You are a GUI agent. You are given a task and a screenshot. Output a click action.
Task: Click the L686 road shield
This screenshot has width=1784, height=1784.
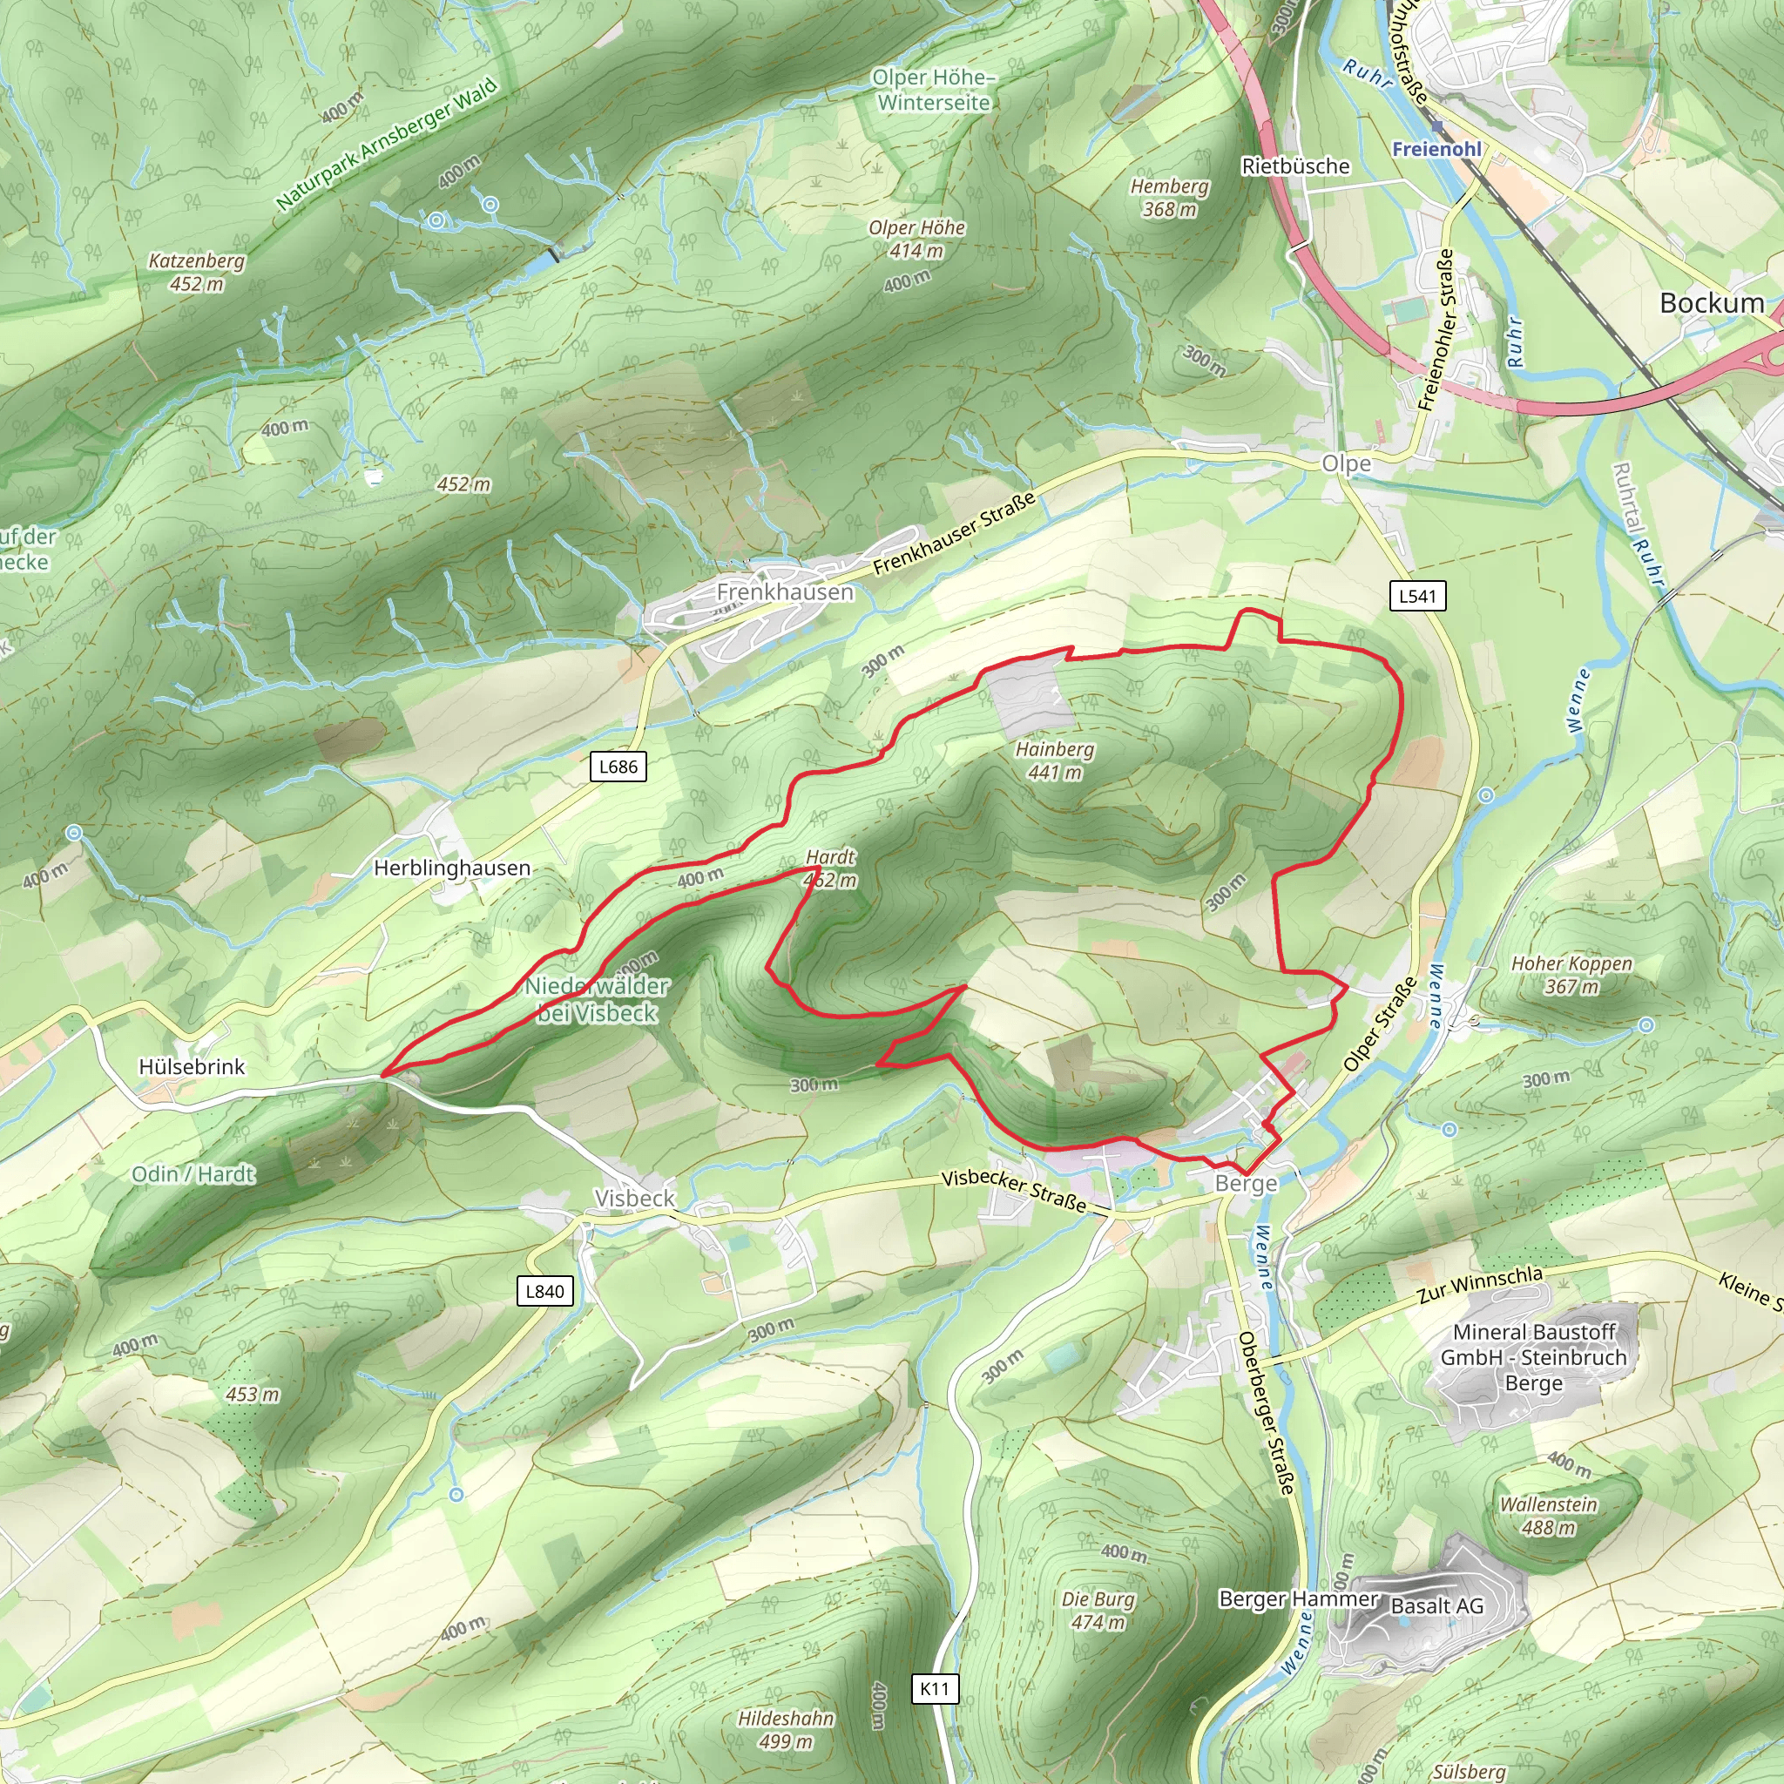point(618,767)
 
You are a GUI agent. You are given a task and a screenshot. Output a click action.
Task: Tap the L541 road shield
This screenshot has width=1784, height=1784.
point(1417,596)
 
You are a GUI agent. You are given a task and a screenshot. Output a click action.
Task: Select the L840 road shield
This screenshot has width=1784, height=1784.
point(544,1291)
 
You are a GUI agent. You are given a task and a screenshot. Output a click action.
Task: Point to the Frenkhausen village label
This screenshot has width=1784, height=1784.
point(785,591)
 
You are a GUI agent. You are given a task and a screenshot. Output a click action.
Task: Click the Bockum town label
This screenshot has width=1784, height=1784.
point(1711,303)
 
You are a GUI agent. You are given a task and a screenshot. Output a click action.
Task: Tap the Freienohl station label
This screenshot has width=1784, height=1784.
point(1436,150)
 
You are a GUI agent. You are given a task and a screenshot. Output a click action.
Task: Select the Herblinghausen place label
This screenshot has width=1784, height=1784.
point(452,868)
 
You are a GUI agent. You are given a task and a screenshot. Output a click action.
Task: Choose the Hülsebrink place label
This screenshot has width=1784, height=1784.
point(192,1066)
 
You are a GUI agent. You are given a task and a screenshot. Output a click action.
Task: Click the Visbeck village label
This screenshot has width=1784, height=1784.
point(634,1198)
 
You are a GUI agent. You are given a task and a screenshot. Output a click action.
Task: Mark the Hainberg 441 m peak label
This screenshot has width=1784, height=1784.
point(1055,760)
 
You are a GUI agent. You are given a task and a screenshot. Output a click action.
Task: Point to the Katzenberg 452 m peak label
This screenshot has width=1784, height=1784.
point(197,273)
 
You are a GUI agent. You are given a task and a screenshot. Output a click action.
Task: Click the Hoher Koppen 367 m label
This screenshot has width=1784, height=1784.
point(1571,975)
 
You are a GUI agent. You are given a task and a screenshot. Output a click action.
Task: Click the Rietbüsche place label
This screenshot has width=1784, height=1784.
point(1295,166)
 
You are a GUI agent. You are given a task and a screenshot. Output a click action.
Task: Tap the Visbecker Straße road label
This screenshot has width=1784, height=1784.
point(1014,1190)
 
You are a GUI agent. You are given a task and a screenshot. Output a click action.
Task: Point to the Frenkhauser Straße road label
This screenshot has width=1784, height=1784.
point(954,534)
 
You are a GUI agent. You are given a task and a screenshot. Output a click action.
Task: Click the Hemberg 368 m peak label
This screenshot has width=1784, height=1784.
point(1170,198)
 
